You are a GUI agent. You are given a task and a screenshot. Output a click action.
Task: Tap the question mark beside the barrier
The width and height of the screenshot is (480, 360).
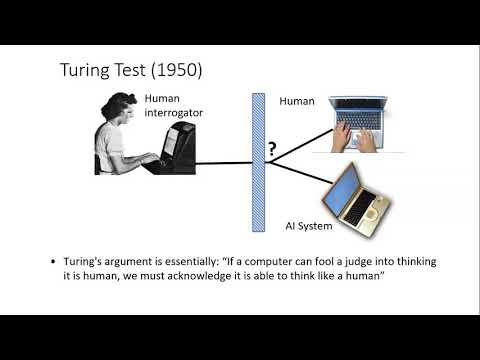coord(270,150)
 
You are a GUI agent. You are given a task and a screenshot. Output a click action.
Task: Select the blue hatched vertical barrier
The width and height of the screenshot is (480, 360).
coord(257,161)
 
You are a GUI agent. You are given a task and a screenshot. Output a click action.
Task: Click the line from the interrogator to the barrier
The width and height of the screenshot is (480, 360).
coord(226,162)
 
